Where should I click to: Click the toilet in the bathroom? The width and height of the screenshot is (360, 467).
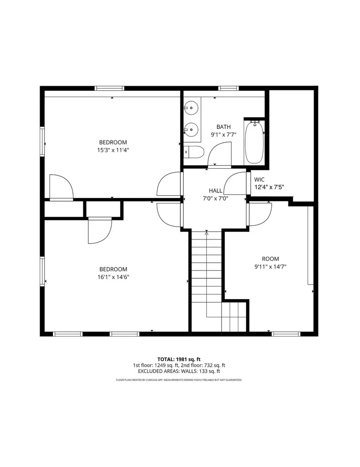[x=194, y=153]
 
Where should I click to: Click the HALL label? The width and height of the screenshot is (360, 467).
[x=216, y=191]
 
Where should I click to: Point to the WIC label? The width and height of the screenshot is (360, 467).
[x=259, y=180]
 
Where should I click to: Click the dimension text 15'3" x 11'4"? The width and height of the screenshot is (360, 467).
[x=113, y=150]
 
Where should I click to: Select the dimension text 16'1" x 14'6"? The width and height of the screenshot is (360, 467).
[x=113, y=277]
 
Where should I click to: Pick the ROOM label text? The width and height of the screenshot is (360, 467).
[x=270, y=259]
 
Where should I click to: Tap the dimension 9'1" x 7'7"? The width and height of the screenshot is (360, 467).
[x=224, y=135]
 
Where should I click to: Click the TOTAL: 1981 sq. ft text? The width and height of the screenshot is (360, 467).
[x=179, y=359]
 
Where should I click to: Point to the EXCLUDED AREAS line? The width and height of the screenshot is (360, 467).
[x=179, y=371]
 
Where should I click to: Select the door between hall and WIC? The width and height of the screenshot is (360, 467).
[x=235, y=183]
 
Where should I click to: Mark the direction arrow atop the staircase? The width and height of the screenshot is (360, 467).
[x=207, y=232]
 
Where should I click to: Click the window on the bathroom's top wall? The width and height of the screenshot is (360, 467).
[x=228, y=88]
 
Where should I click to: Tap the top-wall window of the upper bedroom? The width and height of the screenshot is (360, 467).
[x=109, y=88]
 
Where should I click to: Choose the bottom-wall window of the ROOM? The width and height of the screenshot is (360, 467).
[x=286, y=334]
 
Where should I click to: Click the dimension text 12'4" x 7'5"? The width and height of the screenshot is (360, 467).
[x=269, y=187]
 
